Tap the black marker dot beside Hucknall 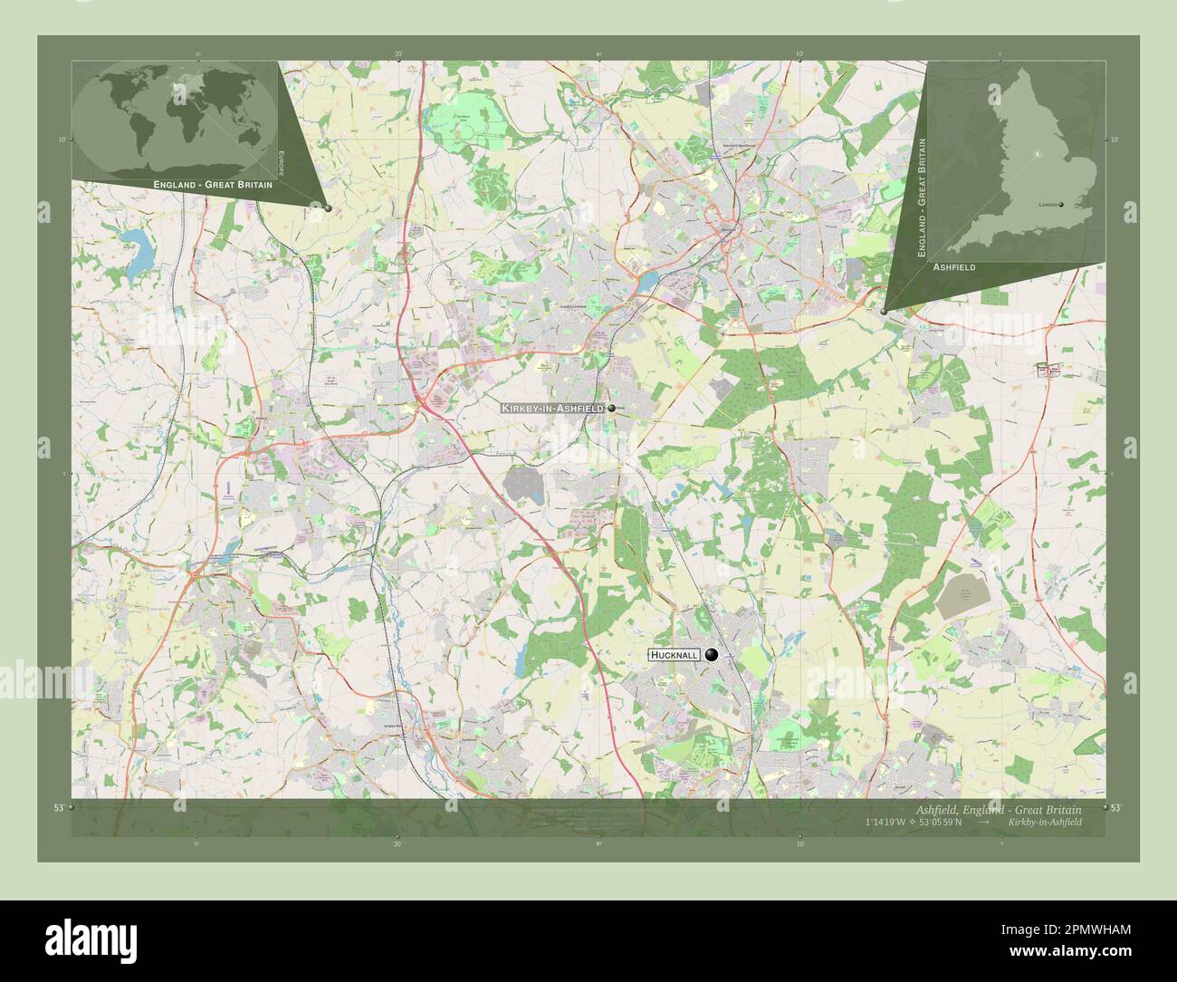point(712,655)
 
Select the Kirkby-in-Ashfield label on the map point(552,409)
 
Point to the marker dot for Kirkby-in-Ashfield point(612,409)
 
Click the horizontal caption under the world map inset point(213,184)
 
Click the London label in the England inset point(1048,205)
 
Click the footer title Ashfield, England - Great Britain point(992,808)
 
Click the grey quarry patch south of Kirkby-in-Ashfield point(526,486)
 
